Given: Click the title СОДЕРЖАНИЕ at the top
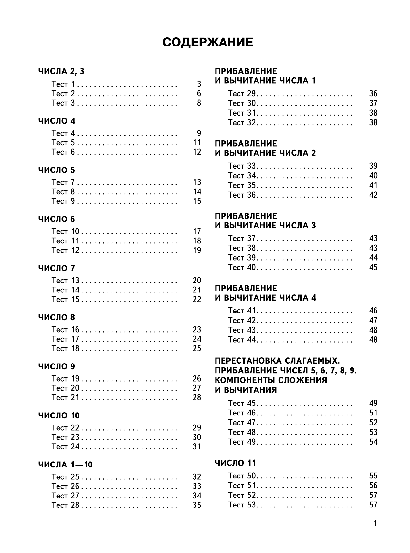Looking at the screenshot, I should point(208,42).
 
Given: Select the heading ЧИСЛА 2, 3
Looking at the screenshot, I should point(61,71).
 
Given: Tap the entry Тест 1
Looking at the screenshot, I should point(63,84).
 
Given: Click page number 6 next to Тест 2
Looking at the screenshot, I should point(199,94).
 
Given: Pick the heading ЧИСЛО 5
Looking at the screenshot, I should point(57,170).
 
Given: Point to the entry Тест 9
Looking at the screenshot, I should point(63,201).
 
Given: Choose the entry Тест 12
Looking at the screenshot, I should point(65,250).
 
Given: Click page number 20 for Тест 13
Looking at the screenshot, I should point(197,281).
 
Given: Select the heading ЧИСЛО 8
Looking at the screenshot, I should point(57,317).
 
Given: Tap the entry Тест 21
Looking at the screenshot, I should point(65,397).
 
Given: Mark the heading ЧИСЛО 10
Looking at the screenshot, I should point(59,415).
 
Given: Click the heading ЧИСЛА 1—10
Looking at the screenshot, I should point(65,465).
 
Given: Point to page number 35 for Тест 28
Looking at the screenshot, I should point(197,505).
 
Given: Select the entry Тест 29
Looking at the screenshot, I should point(242,94).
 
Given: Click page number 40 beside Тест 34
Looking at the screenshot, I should point(373,176).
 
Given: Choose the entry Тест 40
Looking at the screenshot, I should point(242,267).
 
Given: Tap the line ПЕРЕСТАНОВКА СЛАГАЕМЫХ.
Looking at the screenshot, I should point(278,361).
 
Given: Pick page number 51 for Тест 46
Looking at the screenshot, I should point(373,413).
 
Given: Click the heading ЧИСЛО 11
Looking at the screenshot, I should point(235,463).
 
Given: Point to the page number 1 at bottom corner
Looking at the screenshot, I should point(375,523).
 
